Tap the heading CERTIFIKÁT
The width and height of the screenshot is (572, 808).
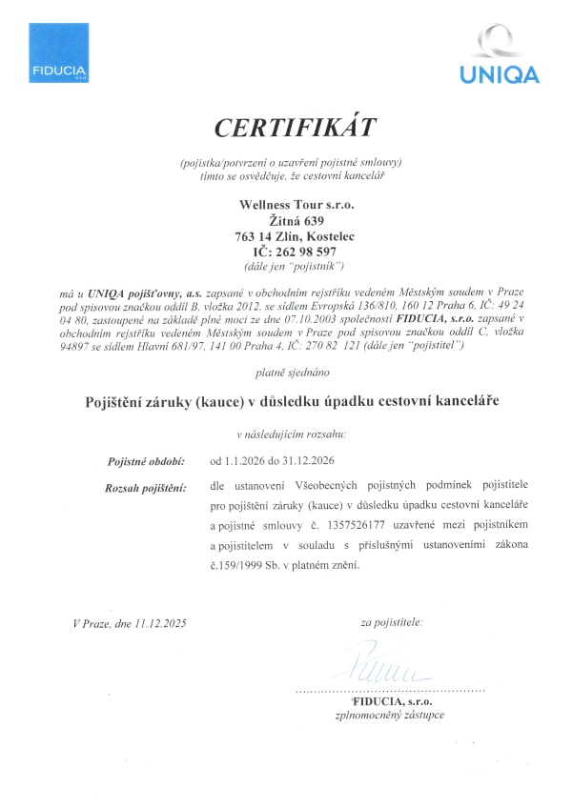point(296,128)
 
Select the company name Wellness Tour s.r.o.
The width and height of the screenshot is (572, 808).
point(294,203)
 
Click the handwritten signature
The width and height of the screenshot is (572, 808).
point(379,665)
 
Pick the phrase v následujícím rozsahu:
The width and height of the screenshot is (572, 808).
point(294,434)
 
